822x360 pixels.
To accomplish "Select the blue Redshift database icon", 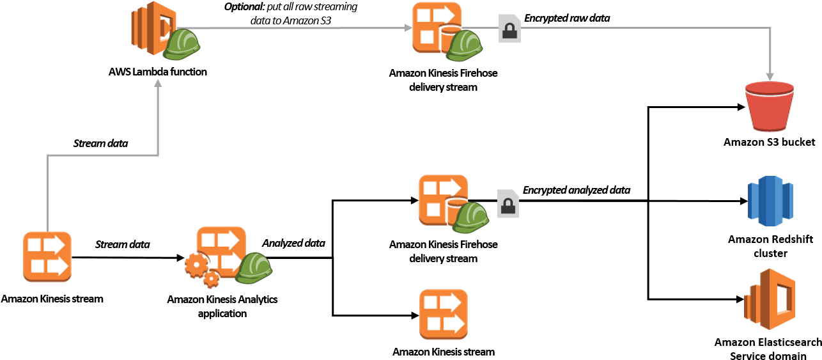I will click(x=770, y=201).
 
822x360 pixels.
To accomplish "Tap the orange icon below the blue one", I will click(x=769, y=299).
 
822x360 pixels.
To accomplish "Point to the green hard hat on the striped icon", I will click(x=182, y=45).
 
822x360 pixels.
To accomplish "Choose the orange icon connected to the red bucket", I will click(x=437, y=27).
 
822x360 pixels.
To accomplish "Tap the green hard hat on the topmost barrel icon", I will click(x=464, y=47).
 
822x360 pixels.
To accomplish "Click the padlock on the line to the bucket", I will click(x=509, y=29).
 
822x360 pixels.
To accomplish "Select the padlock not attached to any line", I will click(x=508, y=204).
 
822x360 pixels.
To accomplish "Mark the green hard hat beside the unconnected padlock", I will click(x=471, y=218).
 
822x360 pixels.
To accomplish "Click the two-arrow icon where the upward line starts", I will click(x=47, y=256).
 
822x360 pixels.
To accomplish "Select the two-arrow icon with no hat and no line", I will click(x=443, y=314).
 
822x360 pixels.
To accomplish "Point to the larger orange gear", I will click(x=196, y=264).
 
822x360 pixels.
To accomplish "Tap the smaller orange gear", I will click(x=211, y=279).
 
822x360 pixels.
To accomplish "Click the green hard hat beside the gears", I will click(x=254, y=269).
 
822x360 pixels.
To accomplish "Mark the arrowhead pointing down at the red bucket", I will click(x=770, y=77).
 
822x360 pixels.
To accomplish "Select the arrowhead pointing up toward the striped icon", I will click(x=158, y=82).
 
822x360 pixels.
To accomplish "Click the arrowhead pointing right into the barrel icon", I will click(x=408, y=27).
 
